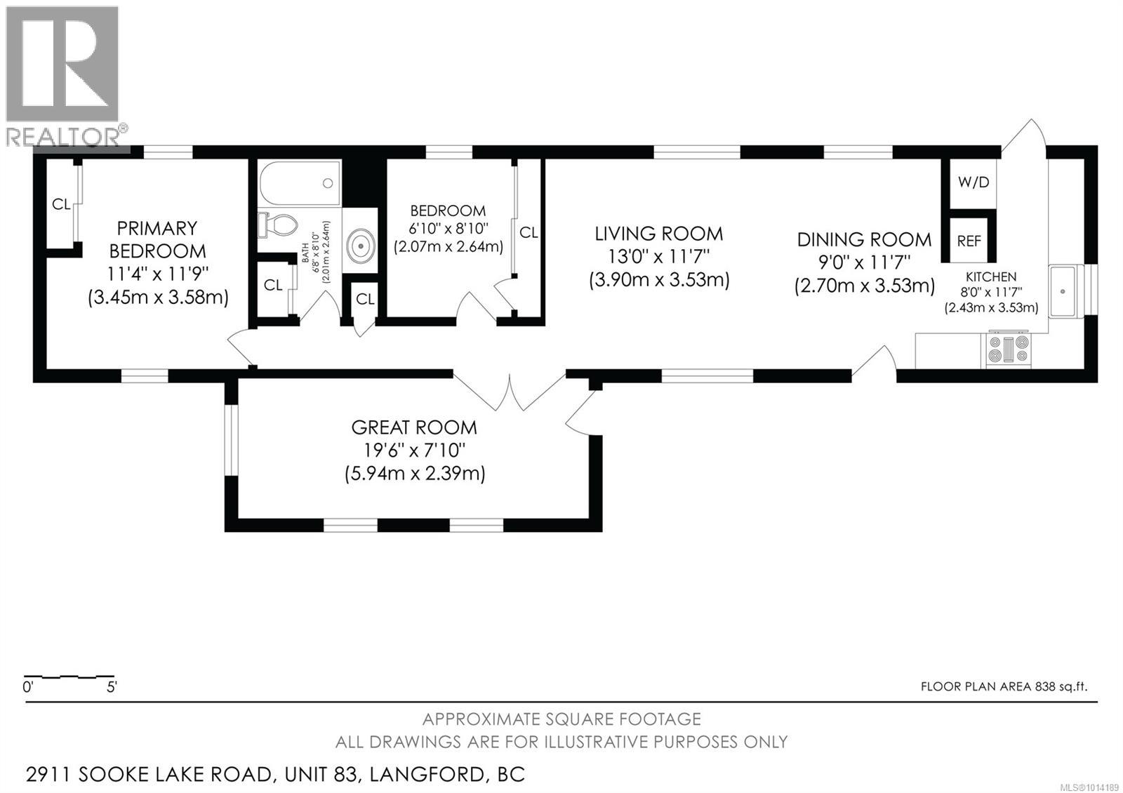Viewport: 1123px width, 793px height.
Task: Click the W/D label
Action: pos(974,182)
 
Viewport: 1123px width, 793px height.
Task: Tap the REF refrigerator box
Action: pos(969,241)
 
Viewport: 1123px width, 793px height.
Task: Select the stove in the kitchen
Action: pos(1009,349)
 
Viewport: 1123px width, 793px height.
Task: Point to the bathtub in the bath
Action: pos(300,182)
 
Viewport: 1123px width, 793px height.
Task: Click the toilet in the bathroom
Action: pos(277,224)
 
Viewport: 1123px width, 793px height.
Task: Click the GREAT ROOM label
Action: pos(414,427)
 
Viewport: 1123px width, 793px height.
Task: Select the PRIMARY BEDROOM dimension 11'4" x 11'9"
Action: pos(158,274)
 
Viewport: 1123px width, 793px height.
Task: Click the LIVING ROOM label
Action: pos(659,234)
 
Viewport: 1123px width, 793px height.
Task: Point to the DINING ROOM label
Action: pos(864,239)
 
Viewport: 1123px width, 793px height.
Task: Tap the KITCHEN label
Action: pos(991,276)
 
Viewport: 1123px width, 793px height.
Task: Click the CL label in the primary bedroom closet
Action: pos(61,204)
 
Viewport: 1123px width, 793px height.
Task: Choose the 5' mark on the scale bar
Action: pos(112,687)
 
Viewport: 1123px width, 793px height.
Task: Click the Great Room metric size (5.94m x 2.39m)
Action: pos(415,473)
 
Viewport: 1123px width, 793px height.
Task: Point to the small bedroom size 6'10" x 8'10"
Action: pos(448,229)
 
